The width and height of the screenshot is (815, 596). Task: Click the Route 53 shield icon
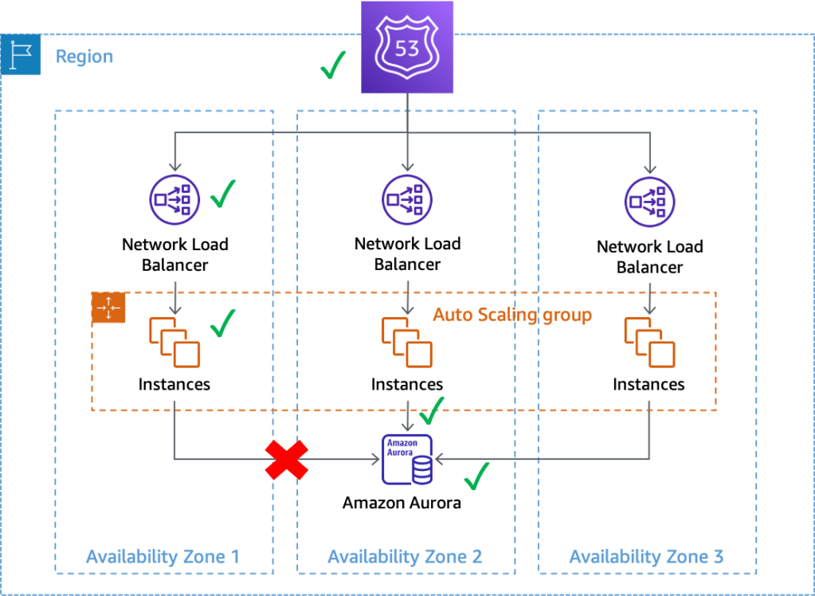[407, 47]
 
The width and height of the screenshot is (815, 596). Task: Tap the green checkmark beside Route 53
[333, 65]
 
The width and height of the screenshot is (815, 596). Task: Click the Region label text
[84, 57]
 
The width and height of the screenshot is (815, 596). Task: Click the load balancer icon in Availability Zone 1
[173, 198]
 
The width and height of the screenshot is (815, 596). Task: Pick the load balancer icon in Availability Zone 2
[407, 198]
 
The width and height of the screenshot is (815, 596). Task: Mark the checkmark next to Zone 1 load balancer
[222, 193]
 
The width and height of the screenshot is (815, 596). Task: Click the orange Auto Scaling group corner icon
[108, 308]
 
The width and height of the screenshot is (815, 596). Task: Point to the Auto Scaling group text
[512, 315]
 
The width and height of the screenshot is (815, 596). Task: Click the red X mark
[287, 459]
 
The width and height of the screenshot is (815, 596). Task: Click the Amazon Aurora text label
[402, 504]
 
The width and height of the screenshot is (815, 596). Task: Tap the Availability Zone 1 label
[163, 556]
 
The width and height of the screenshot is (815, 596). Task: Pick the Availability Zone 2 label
[405, 556]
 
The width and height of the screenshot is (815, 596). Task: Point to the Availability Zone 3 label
[646, 556]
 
